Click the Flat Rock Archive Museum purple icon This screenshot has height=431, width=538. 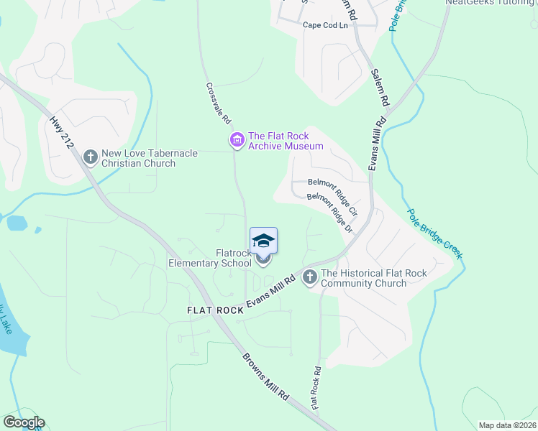tap(237, 141)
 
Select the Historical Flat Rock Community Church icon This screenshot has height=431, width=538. tap(310, 277)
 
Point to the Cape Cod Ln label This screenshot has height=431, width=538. tap(324, 25)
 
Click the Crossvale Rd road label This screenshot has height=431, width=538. tap(218, 102)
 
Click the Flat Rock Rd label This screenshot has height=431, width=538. tap(315, 389)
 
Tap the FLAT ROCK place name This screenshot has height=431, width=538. tap(215, 310)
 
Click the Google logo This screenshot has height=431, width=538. tap(24, 422)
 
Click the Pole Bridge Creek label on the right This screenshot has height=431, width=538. tap(435, 235)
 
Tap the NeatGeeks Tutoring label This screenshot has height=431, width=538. tap(491, 3)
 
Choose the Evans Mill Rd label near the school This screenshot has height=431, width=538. tap(271, 295)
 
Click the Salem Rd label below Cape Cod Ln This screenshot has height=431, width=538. tap(380, 88)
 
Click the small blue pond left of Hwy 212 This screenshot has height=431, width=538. tap(17, 223)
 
